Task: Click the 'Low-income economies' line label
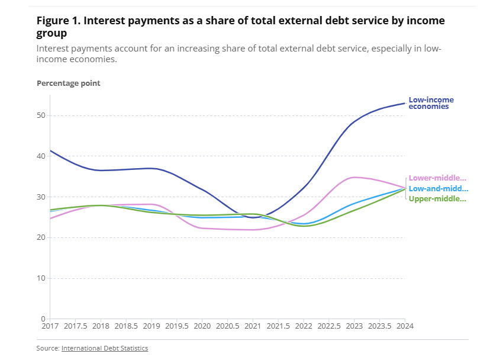click(x=431, y=103)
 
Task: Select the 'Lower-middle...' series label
click(x=438, y=178)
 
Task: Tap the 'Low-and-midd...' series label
click(x=438, y=188)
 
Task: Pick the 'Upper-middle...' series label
click(x=438, y=198)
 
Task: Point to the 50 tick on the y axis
click(x=41, y=115)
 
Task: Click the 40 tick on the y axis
click(x=41, y=156)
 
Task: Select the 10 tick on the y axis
click(x=41, y=278)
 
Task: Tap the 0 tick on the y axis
click(x=43, y=319)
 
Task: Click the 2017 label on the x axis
click(x=50, y=326)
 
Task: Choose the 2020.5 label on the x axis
click(x=227, y=326)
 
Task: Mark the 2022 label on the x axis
click(x=304, y=326)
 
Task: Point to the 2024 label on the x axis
click(x=405, y=326)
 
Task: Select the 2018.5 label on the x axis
click(x=126, y=326)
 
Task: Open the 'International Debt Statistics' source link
click(x=105, y=348)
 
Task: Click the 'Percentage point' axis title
click(x=69, y=83)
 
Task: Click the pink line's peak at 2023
click(x=354, y=177)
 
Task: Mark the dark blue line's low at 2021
click(x=253, y=217)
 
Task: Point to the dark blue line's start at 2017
click(x=50, y=150)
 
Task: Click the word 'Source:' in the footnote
click(x=48, y=348)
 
